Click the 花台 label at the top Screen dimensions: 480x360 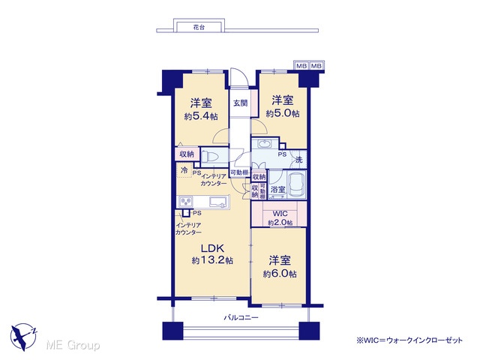pyautogui.click(x=199, y=28)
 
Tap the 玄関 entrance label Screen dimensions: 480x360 pyautogui.click(x=240, y=103)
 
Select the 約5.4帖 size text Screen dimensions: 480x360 pyautogui.click(x=201, y=116)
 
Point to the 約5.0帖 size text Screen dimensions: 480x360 pyautogui.click(x=283, y=113)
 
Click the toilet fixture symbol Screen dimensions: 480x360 pyautogui.click(x=210, y=157)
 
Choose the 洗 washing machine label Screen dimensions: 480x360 pyautogui.click(x=298, y=160)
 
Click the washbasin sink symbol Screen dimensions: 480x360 pyautogui.click(x=263, y=143)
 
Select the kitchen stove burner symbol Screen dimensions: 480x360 pyautogui.click(x=186, y=202)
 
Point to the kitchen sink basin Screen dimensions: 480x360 pyautogui.click(x=219, y=202)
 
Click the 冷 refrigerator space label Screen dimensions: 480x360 pyautogui.click(x=184, y=170)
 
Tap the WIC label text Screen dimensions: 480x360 pyautogui.click(x=280, y=213)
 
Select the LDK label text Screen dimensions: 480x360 pyautogui.click(x=213, y=247)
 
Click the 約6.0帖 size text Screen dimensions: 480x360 pyautogui.click(x=280, y=274)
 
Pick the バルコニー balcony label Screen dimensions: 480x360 pyautogui.click(x=241, y=317)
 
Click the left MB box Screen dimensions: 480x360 pyautogui.click(x=301, y=66)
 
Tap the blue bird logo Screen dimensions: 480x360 pyautogui.click(x=23, y=337)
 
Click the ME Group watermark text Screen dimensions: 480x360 pyautogui.click(x=73, y=345)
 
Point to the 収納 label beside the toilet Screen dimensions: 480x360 pyautogui.click(x=187, y=154)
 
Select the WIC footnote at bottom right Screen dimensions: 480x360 pyautogui.click(x=409, y=340)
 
